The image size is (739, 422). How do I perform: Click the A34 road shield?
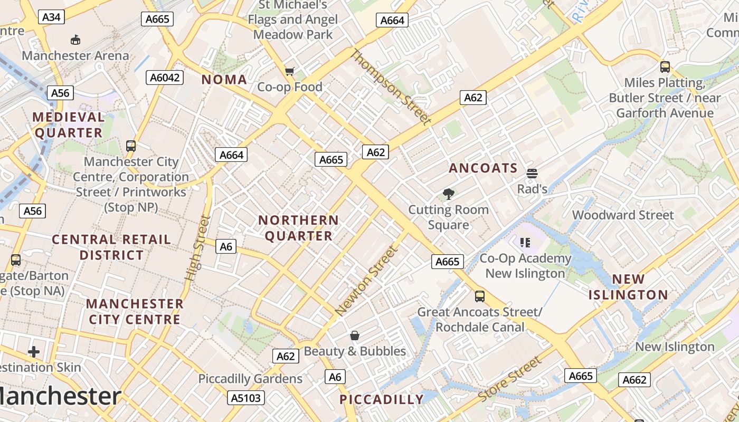(x=51, y=17)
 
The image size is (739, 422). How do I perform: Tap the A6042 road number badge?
(x=165, y=78)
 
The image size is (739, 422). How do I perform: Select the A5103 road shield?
(x=247, y=397)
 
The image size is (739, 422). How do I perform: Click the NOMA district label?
(x=224, y=80)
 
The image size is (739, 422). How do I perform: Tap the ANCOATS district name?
(x=483, y=168)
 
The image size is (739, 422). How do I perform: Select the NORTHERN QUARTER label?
(x=299, y=228)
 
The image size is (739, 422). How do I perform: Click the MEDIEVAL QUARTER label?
(x=69, y=125)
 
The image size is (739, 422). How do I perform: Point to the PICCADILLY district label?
(x=381, y=399)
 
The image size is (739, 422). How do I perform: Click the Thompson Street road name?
(x=390, y=87)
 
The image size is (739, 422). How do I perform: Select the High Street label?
(x=197, y=247)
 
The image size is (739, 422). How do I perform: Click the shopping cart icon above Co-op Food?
(x=289, y=71)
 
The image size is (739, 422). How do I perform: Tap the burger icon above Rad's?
(x=532, y=174)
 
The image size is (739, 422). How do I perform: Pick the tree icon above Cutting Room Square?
(x=448, y=194)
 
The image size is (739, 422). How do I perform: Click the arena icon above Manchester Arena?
(x=75, y=40)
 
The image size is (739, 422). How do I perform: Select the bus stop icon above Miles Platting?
(x=665, y=67)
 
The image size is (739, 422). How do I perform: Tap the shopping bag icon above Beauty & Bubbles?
(x=355, y=335)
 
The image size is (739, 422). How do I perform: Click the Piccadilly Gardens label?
(x=250, y=379)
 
